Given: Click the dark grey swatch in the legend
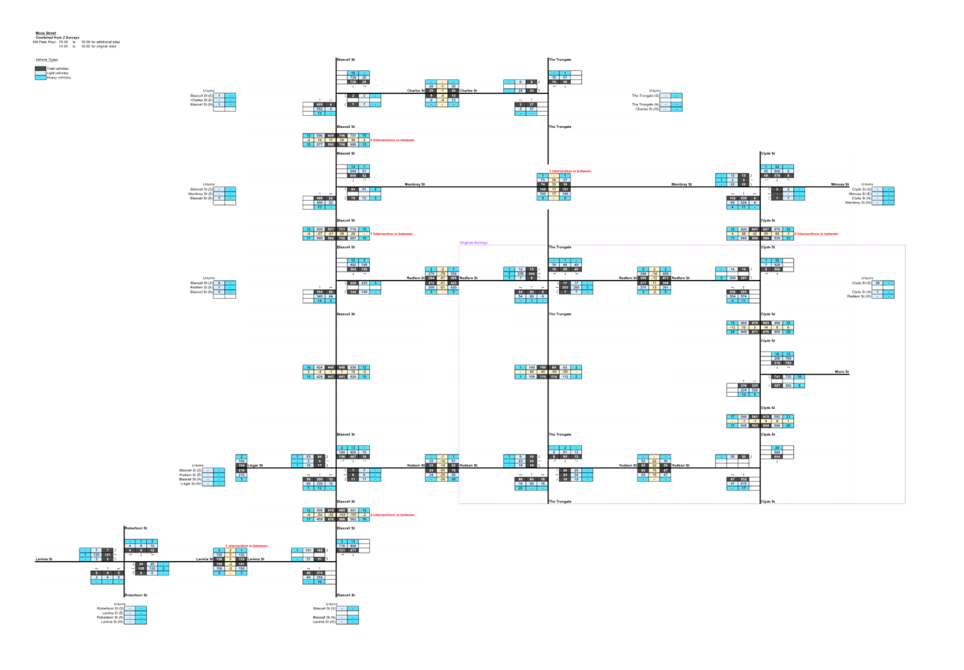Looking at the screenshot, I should pos(41,68).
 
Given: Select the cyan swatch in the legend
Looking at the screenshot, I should pos(41,77).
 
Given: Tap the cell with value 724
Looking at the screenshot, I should pos(352,77).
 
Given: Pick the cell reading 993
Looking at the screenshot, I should pos(766,323).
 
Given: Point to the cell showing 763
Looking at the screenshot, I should pos(788,363).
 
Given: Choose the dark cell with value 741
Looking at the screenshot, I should pos(776,377).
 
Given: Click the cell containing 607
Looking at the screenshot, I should pos(766,230).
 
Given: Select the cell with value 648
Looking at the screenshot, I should pos(342,367).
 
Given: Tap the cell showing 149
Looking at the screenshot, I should pos(531,367).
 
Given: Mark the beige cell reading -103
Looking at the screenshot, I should pos(353,515).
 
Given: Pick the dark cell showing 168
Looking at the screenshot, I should pos(542,189).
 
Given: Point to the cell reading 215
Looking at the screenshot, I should pos(242,476).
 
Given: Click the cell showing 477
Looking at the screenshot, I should pos(353,551).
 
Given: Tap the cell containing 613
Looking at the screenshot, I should pos(766,417).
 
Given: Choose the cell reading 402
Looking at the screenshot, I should pos(352,264).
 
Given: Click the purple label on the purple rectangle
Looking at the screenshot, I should pos(474,243).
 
